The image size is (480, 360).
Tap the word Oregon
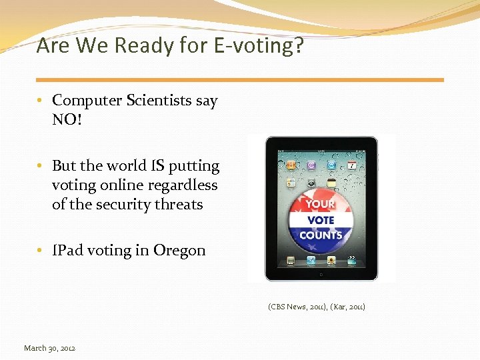pyautogui.click(x=179, y=251)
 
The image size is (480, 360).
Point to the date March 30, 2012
pyautogui.click(x=49, y=348)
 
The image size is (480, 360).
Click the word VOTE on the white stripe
pyautogui.click(x=321, y=220)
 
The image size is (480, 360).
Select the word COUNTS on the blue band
pyautogui.click(x=321, y=235)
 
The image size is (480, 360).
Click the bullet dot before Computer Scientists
pyautogui.click(x=41, y=101)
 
